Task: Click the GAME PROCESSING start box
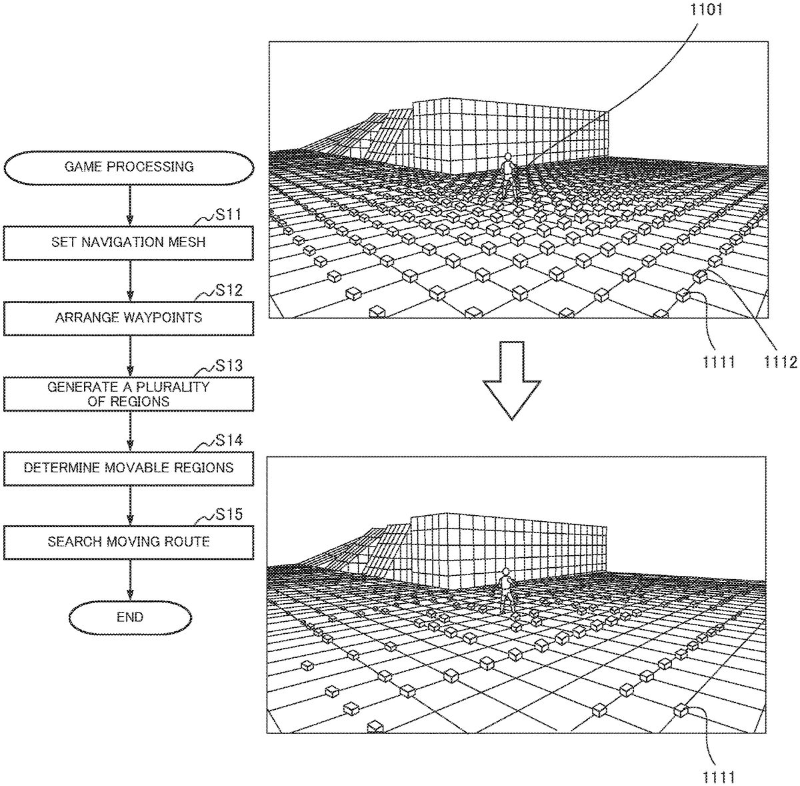129,167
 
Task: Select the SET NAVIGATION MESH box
129,242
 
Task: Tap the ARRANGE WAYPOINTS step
129,318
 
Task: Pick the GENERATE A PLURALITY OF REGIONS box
129,394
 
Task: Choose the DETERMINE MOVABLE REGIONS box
129,468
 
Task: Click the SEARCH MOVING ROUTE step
129,541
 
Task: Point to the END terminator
129,617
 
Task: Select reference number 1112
780,362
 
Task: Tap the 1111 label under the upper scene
718,362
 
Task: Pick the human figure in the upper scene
509,175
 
